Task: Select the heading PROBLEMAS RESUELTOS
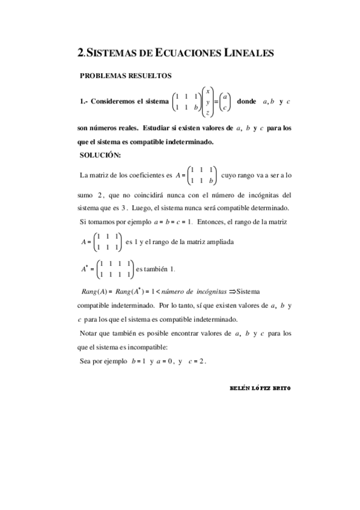pyautogui.click(x=126, y=76)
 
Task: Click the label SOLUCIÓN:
pyautogui.click(x=100, y=156)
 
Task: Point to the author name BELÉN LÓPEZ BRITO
pyautogui.click(x=260, y=387)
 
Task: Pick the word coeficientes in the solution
pyautogui.click(x=145, y=175)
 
